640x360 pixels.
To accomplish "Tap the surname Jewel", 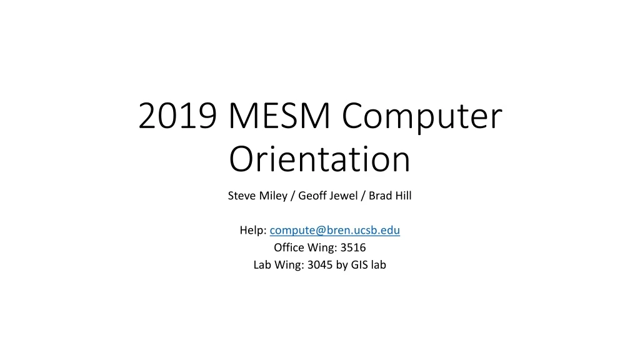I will [342, 196].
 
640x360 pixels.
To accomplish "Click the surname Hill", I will [402, 196].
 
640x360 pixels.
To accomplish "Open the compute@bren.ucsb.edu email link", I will [335, 231].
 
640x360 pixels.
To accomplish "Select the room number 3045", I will [321, 264].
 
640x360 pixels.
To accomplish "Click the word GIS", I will [359, 264].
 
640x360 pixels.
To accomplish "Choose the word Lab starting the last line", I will [262, 264].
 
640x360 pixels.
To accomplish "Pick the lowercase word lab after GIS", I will [379, 264].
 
